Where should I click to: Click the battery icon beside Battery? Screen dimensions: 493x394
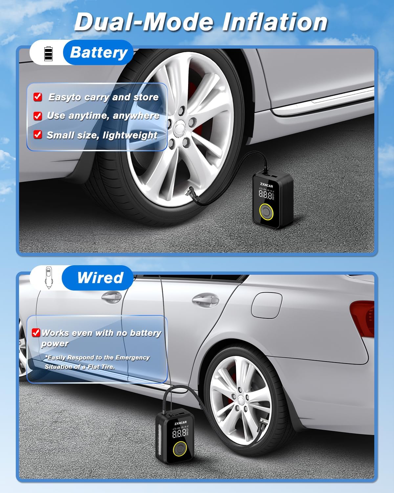coord(48,54)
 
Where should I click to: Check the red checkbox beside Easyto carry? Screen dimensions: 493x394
coord(38,97)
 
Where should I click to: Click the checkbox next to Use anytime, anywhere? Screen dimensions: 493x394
coord(38,116)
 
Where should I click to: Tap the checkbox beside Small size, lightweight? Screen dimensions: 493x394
coord(38,135)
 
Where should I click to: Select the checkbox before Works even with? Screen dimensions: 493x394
coord(36,333)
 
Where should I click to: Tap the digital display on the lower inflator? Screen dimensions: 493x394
coord(180,433)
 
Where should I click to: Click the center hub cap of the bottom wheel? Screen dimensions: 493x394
coord(242,399)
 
